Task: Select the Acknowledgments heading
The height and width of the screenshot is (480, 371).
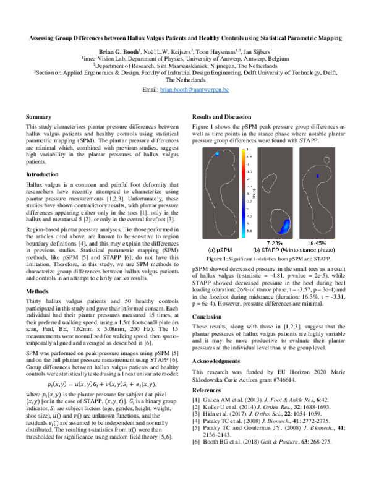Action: coord(221,360)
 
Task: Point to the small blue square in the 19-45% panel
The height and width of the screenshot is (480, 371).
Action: coord(318,176)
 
